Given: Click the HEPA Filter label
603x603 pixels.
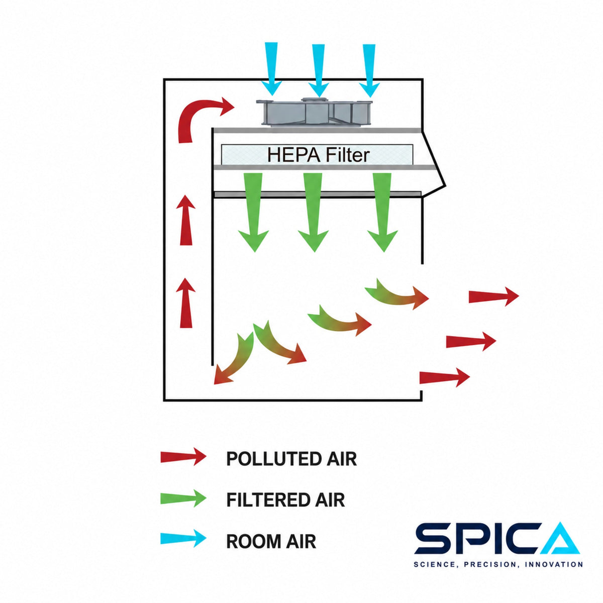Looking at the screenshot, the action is [318, 155].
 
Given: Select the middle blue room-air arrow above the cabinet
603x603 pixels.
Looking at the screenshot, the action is [319, 70].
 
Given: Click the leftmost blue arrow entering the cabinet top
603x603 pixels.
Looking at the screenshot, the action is [271, 68].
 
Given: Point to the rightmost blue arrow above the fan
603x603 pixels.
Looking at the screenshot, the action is [369, 70].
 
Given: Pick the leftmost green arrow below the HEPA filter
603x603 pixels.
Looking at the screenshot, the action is [253, 212].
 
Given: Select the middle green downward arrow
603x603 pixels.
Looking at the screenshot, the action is [313, 212].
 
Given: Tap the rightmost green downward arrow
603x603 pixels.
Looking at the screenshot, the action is [382, 212].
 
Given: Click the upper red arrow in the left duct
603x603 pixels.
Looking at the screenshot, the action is [186, 220].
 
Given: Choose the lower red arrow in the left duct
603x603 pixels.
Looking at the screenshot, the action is [186, 303].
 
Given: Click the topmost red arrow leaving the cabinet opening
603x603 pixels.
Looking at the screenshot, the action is [494, 296].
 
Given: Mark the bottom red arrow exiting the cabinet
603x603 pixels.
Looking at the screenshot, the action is [444, 377].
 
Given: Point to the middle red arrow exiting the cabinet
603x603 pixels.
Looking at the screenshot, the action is [471, 341].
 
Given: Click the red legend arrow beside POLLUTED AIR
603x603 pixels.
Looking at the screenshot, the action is [183, 457].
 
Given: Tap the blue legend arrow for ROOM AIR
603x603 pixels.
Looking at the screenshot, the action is [183, 538].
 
